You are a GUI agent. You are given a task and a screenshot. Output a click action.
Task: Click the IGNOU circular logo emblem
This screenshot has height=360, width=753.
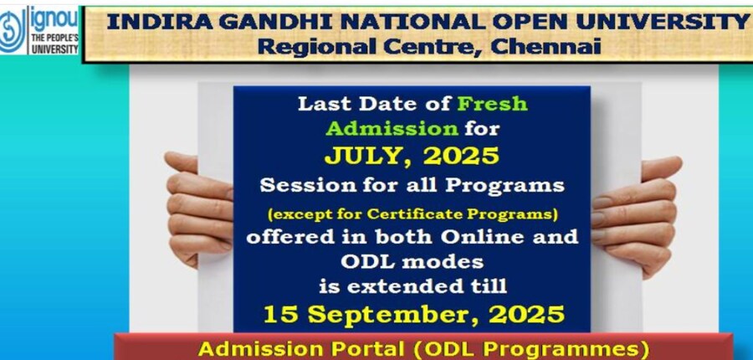(x=13, y=30)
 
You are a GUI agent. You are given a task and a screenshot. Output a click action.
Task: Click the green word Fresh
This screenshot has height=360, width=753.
(x=492, y=104)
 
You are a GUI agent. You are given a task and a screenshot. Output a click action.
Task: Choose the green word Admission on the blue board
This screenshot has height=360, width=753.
(x=392, y=128)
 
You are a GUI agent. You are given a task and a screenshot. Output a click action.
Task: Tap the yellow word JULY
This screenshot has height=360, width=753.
(x=364, y=157)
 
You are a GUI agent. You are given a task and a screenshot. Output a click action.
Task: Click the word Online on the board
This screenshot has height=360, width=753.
(x=485, y=236)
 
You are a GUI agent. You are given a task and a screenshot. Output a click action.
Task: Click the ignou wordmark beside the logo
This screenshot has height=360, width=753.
(x=54, y=20)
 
